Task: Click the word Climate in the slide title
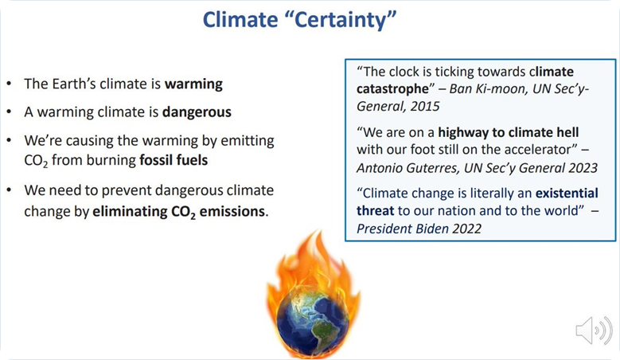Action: pyautogui.click(x=240, y=19)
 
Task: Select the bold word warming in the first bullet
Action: pyautogui.click(x=193, y=84)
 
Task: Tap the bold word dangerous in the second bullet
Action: pyautogui.click(x=197, y=112)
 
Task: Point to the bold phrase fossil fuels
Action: pyautogui.click(x=174, y=160)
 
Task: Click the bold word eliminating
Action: pyautogui.click(x=130, y=212)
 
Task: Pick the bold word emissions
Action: pyautogui.click(x=232, y=211)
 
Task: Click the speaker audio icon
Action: pyautogui.click(x=594, y=331)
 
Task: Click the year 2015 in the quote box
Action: pyautogui.click(x=425, y=106)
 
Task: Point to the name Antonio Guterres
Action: pyautogui.click(x=407, y=168)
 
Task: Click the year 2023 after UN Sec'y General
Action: pyautogui.click(x=583, y=168)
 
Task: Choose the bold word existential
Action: pyautogui.click(x=567, y=193)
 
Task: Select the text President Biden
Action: pyautogui.click(x=403, y=229)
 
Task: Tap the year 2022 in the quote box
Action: pyautogui.click(x=467, y=229)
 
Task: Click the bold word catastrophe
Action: pyautogui.click(x=392, y=89)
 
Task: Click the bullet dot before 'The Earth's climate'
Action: pyautogui.click(x=9, y=84)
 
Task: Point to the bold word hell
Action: pyautogui.click(x=567, y=132)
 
